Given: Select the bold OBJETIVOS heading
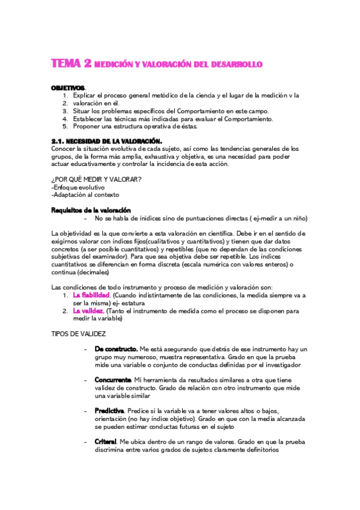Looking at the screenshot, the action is (68, 88).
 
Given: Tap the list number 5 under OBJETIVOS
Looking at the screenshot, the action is (65, 126).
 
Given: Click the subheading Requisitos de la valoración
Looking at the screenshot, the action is (90, 210).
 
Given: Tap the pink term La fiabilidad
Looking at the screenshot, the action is (91, 295).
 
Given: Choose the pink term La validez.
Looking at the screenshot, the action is (88, 311).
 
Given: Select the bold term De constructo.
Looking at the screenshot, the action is (115, 349).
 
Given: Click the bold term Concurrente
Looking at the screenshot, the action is (113, 380).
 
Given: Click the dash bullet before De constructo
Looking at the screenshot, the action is (88, 349).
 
